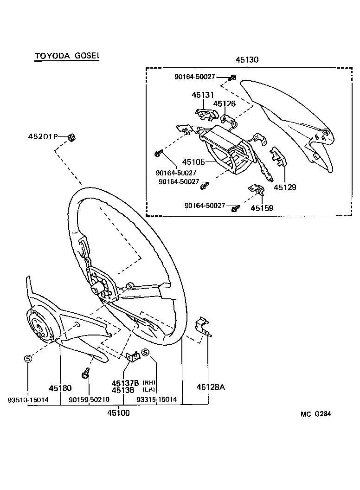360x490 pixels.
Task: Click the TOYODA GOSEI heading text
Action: pos(67,56)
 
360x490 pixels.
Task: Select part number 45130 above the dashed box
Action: pos(247,60)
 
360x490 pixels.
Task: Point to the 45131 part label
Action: pos(203,95)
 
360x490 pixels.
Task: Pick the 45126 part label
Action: pos(225,103)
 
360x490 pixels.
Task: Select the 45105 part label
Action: pos(193,162)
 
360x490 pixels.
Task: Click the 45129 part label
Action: pos(284,187)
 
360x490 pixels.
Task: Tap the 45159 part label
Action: pos(262,208)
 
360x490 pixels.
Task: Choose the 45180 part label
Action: pos(60,387)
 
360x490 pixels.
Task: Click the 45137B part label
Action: pos(125,383)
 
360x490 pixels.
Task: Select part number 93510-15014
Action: pos(28,400)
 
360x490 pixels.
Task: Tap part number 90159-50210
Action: pos(89,400)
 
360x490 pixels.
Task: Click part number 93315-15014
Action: pos(156,400)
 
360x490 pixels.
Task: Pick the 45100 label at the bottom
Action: pos(119,413)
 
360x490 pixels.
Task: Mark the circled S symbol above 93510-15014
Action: pos(28,359)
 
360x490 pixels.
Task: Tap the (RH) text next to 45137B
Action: pos(149,383)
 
